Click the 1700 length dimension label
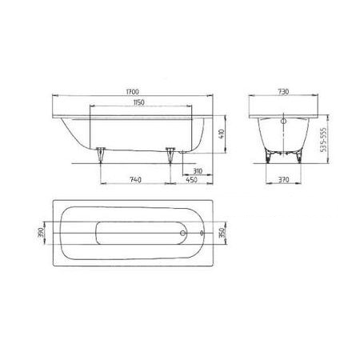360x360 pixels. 133,91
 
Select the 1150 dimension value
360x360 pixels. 139,102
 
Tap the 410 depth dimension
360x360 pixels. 222,134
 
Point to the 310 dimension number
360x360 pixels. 198,171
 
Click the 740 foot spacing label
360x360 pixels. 135,180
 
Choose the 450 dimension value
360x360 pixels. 191,180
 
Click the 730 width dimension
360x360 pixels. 283,91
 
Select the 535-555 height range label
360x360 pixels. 323,139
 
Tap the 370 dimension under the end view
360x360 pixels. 283,180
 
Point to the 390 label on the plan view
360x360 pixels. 41,233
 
